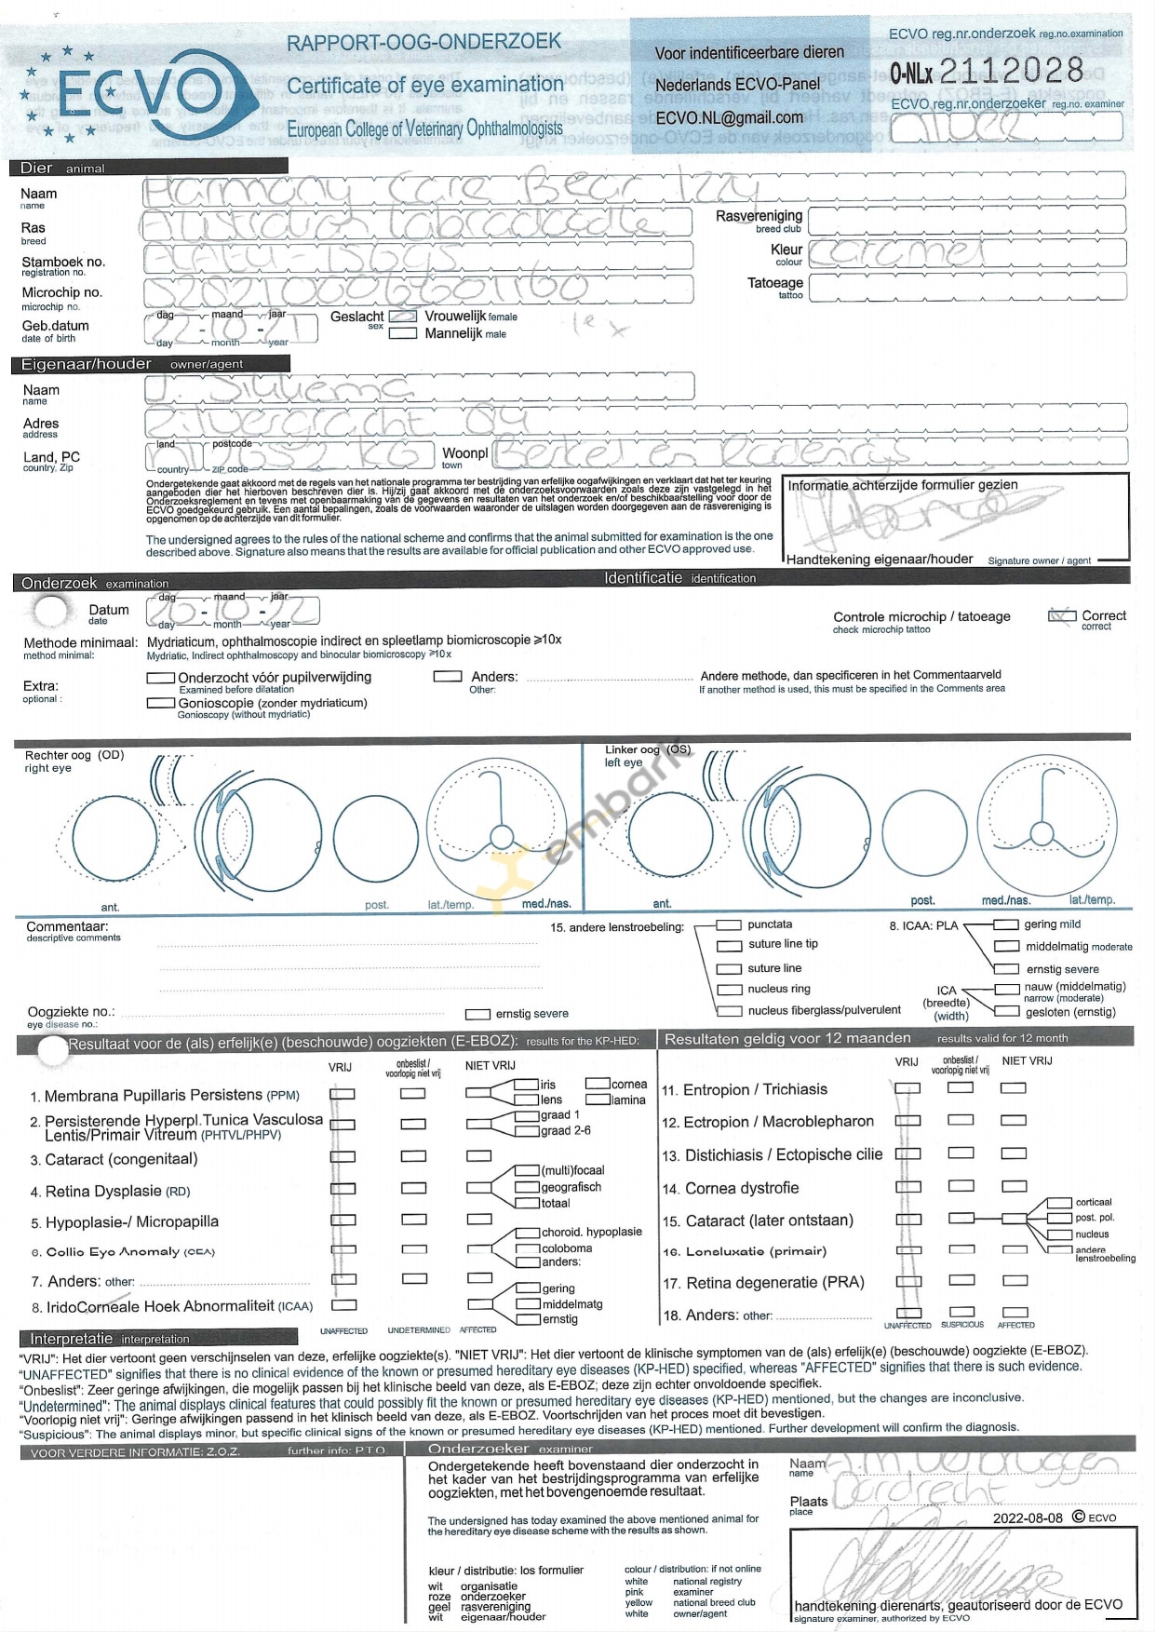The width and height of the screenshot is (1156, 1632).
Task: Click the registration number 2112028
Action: [x=1012, y=71]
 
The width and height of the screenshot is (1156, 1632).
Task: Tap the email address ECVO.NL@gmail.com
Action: [x=729, y=118]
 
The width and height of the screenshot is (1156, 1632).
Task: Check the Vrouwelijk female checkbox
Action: [x=402, y=317]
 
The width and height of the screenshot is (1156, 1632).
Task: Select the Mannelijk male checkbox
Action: [x=402, y=333]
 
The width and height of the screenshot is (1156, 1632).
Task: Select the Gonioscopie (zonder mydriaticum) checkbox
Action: [x=160, y=704]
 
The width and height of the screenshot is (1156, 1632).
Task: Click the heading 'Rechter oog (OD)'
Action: [x=74, y=755]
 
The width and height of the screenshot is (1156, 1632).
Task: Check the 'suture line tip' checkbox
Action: [x=729, y=946]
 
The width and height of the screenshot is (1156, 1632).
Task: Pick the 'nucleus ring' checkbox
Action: [x=729, y=991]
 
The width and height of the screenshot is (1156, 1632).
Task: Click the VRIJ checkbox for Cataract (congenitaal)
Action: [x=343, y=1157]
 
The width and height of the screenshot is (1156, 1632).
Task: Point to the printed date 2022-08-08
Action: [x=1027, y=1517]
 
